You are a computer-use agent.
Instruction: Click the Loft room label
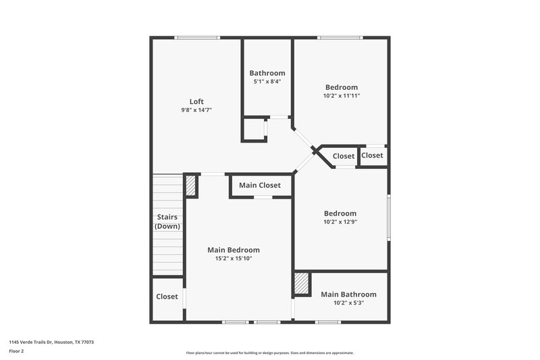pos(196,101)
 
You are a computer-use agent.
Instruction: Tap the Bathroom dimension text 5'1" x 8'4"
pos(267,81)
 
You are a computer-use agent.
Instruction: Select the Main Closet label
pos(260,185)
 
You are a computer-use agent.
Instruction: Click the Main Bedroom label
pos(234,250)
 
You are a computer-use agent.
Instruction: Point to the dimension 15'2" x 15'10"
pos(234,259)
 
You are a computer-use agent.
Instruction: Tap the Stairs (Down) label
pos(167,222)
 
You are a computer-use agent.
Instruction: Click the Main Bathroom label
pos(348,294)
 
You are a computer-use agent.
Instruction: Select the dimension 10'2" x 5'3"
pos(348,303)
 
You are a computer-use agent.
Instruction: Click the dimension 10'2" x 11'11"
pos(342,95)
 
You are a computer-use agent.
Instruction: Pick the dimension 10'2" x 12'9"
pos(340,222)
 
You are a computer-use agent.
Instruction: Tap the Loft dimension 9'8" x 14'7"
pos(196,109)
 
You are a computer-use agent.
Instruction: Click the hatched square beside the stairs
pos(191,186)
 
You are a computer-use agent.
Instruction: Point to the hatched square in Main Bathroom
pos(302,284)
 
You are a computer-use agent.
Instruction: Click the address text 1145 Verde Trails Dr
pos(51,342)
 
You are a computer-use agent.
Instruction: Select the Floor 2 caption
pos(16,351)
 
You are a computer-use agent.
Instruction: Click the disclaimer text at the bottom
pos(269,353)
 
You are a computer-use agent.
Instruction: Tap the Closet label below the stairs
pos(167,297)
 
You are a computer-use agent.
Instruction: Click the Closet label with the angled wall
pos(344,156)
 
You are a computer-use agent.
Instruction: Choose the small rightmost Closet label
pos(372,155)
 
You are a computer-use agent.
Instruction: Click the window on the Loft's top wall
pos(196,38)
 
